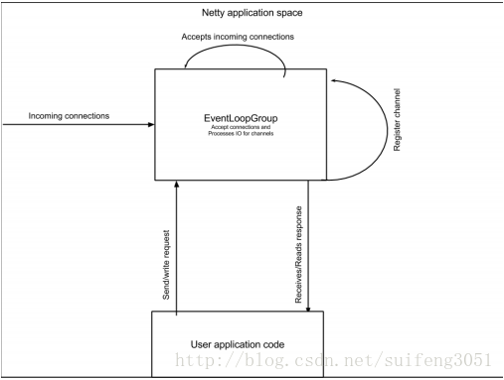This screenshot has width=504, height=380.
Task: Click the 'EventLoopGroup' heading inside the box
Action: point(240,119)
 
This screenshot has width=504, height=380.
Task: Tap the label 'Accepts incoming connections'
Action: point(238,37)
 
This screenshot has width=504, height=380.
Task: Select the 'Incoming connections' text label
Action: point(69,116)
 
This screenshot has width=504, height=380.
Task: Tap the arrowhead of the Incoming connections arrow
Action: point(150,125)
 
